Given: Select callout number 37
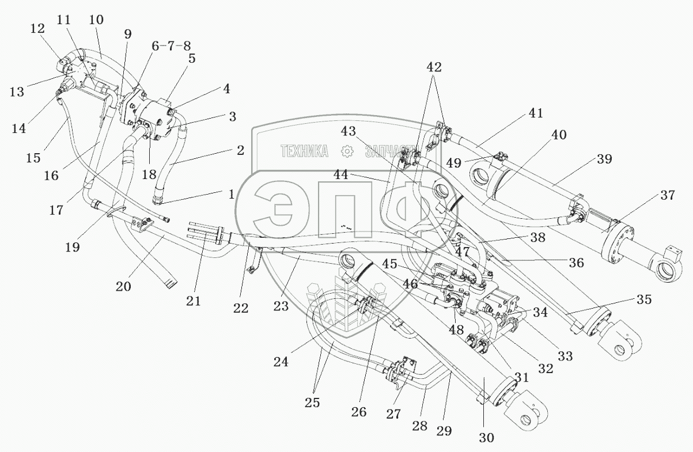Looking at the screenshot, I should (x=668, y=196).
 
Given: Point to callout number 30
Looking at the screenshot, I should (x=486, y=437).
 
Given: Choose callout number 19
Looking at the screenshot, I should (x=72, y=247).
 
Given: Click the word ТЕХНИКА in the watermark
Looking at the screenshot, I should (x=304, y=151).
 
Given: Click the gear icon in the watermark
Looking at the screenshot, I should (x=347, y=151).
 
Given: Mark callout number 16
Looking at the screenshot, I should (x=51, y=174).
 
